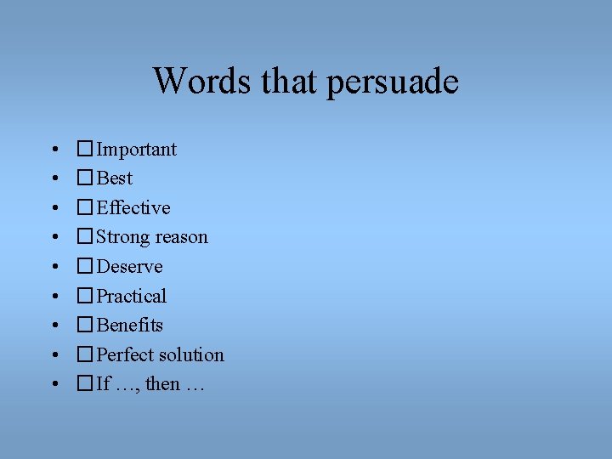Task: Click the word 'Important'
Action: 137,150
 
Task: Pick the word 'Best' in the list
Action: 115,178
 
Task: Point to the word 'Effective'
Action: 133,208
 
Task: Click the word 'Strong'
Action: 123,238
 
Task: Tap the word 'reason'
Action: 181,238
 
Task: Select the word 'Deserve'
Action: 129,267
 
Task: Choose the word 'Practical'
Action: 132,297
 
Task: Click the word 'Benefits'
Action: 130,326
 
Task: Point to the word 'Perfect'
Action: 126,355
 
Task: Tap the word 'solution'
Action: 192,355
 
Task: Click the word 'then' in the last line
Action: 162,384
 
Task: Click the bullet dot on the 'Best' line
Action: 54,179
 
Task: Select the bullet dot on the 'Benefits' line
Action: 54,326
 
